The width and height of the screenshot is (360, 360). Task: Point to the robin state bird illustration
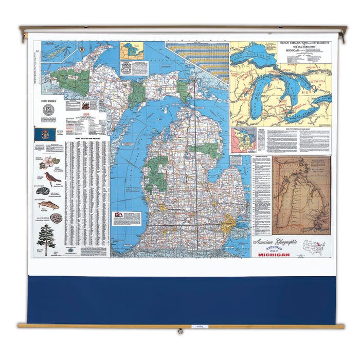tap(52, 178)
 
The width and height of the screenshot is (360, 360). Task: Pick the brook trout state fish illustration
tap(48, 205)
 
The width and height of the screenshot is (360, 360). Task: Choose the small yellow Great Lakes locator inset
tap(132, 51)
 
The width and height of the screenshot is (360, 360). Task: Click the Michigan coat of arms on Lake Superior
tap(126, 68)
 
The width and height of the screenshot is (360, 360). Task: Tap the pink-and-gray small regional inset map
tap(243, 140)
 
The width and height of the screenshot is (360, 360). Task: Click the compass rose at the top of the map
tap(81, 49)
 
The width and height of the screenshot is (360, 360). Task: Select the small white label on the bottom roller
tap(197, 326)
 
